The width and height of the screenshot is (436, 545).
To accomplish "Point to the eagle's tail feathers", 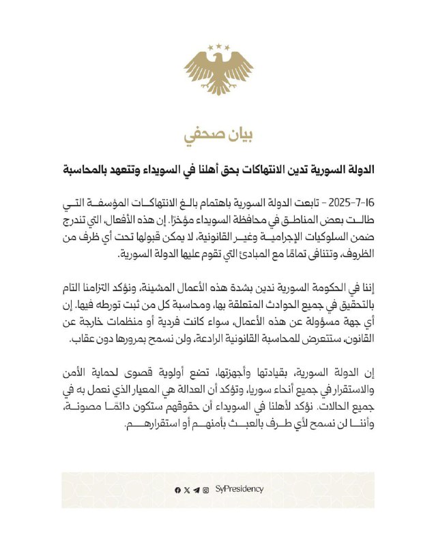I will tap(218, 88).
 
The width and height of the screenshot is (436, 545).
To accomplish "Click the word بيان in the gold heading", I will tap(236, 134).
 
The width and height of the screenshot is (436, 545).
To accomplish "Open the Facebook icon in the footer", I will tap(177, 490).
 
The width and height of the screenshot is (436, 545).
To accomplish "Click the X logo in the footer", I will tap(187, 490).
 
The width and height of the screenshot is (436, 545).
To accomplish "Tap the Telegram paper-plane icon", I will tap(197, 490).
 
